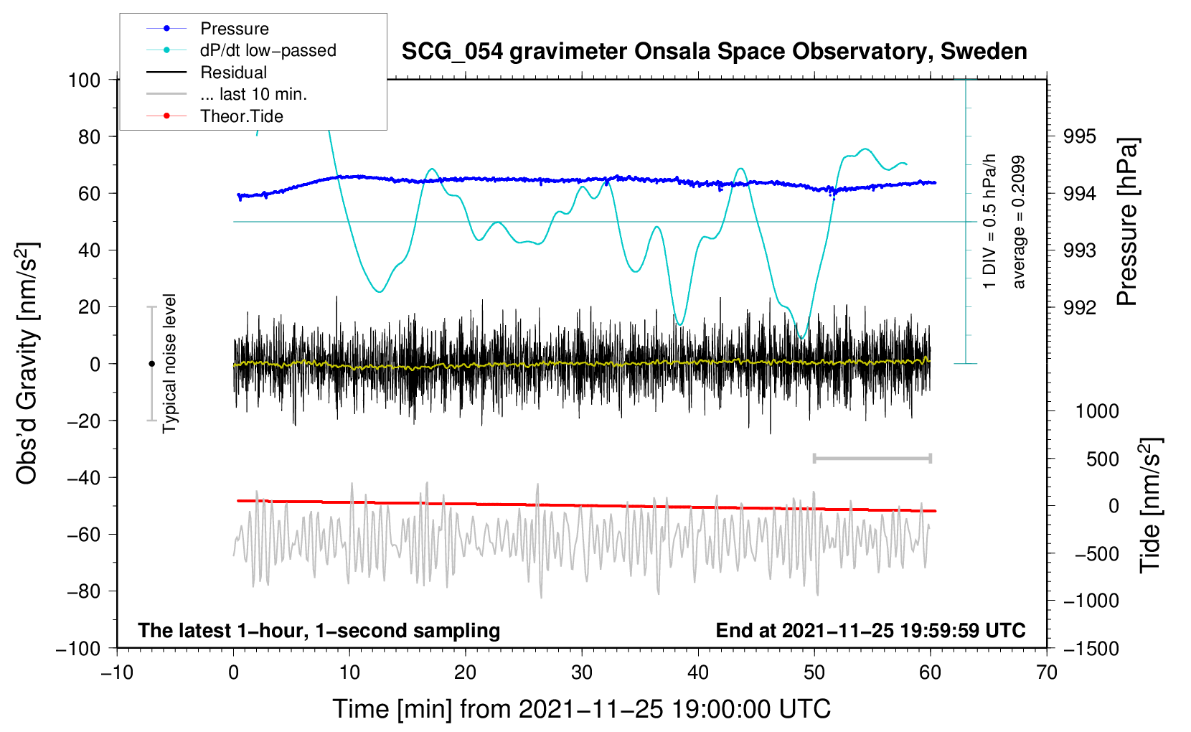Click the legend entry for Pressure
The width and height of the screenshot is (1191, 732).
tap(207, 28)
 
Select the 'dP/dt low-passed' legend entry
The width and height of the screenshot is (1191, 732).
tap(241, 50)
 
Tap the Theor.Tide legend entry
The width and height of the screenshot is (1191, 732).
tap(215, 116)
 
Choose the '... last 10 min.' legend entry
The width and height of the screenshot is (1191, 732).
tap(227, 94)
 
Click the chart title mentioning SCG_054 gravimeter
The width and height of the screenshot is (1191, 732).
tap(714, 52)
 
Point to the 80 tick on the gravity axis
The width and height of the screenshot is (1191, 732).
tap(89, 137)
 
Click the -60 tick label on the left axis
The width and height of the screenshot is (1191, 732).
tap(83, 535)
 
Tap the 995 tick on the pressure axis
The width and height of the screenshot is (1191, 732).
tap(1079, 137)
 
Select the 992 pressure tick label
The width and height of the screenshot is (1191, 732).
tap(1079, 307)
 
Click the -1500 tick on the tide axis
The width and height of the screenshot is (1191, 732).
tap(1091, 649)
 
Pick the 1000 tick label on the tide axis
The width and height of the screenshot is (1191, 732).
tap(1098, 411)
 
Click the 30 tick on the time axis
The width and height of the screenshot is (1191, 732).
tap(582, 673)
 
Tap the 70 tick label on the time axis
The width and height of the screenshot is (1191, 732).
tap(1046, 673)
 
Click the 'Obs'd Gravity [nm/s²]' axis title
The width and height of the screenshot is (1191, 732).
tap(27, 363)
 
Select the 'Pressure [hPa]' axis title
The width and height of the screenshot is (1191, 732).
tap(1127, 222)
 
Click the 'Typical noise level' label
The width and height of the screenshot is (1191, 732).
tap(169, 363)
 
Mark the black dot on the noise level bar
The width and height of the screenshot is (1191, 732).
tap(151, 364)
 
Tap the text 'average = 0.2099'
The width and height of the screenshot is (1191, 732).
tap(1017, 222)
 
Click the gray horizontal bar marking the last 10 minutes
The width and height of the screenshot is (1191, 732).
tap(872, 459)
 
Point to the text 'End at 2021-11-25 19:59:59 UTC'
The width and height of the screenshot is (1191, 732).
tap(870, 630)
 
